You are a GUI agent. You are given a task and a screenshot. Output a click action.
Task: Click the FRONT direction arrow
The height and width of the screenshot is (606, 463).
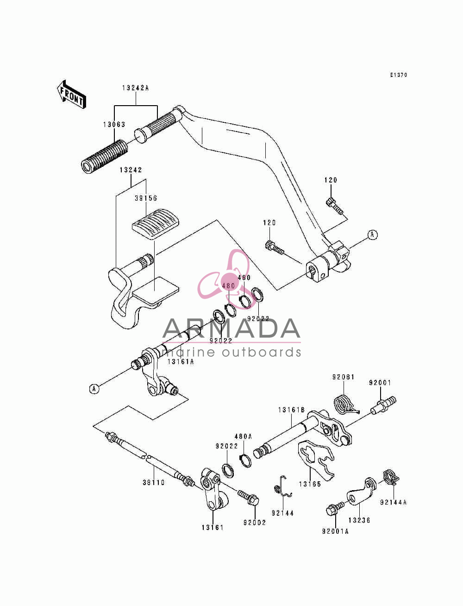pyautogui.click(x=71, y=95)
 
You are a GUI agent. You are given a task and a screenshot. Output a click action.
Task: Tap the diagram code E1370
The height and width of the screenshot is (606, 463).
pyautogui.click(x=399, y=75)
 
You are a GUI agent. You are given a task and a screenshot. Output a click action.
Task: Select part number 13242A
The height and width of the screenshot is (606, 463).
pyautogui.click(x=136, y=88)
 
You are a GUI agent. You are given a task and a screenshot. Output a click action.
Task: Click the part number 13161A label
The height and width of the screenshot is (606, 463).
pyautogui.click(x=181, y=362)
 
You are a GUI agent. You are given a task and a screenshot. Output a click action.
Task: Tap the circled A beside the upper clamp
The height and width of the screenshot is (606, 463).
pyautogui.click(x=373, y=235)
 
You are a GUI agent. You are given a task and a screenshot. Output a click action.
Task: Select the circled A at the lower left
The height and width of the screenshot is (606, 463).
pyautogui.click(x=94, y=389)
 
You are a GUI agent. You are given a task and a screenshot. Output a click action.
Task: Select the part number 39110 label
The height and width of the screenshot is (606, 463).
pyautogui.click(x=154, y=483)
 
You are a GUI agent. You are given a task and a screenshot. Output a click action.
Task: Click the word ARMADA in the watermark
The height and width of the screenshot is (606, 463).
pyautogui.click(x=231, y=328)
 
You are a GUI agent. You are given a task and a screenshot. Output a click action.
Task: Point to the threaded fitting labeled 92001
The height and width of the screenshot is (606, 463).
pyautogui.click(x=383, y=405)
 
